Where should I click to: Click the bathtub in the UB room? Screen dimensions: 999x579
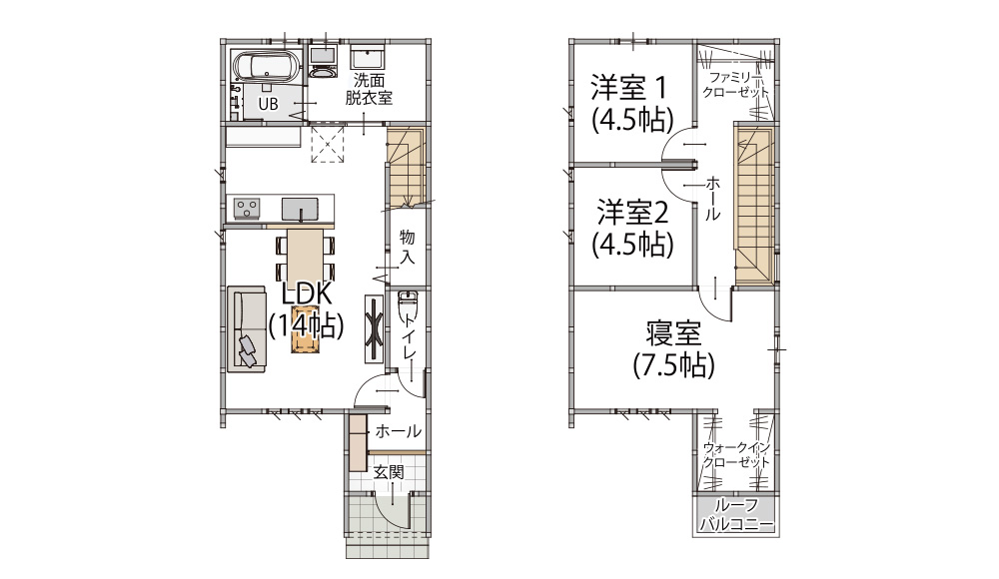tap(266, 66)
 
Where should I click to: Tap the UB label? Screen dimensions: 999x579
tap(268, 103)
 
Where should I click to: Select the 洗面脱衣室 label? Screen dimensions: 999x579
tap(369, 89)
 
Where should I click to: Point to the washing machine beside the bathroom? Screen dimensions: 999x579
tap(323, 61)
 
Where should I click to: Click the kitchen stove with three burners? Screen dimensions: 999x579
tap(247, 208)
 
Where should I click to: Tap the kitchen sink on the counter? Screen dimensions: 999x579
tap(300, 209)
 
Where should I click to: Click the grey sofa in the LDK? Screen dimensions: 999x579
tap(246, 328)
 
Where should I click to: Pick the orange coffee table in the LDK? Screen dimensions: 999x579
tap(305, 329)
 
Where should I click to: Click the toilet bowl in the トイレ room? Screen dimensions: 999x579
tap(406, 305)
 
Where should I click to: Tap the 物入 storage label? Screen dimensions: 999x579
tap(408, 248)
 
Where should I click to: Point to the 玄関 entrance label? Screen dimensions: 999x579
tap(389, 472)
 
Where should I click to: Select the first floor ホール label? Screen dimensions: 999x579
tap(399, 431)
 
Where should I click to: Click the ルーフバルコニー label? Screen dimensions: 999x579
tap(736, 515)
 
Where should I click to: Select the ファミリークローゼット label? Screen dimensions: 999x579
tap(736, 85)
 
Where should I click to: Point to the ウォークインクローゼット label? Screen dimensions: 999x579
tap(736, 455)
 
